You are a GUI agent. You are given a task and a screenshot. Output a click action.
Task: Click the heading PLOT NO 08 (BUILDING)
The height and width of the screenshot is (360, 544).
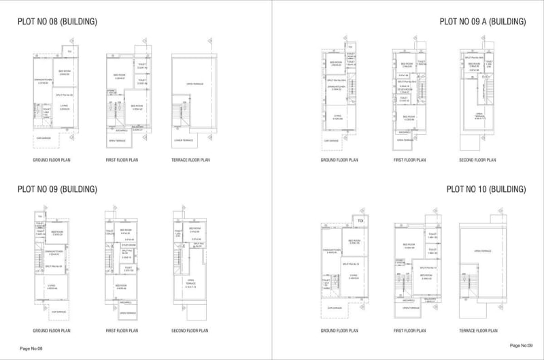coord(57,22)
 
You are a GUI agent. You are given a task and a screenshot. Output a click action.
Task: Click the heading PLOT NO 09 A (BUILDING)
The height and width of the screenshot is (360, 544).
coord(483,22)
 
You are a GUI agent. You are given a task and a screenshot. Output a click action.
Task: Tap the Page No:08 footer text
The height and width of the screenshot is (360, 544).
coord(31,348)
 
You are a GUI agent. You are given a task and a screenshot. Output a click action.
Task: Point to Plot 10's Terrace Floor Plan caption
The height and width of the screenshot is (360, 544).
coord(478,330)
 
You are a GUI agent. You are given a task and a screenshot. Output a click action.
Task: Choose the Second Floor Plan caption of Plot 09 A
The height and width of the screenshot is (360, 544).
coord(478,160)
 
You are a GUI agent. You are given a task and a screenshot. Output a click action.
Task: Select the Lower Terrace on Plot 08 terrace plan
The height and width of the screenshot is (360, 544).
coord(184,140)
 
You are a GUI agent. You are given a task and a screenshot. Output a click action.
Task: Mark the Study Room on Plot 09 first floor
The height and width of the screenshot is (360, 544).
coord(127,246)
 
